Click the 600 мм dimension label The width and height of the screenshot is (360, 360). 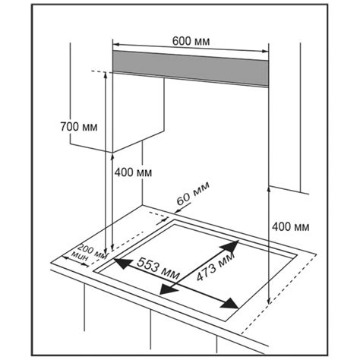click(x=191, y=41)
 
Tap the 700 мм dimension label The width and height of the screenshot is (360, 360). click(x=79, y=127)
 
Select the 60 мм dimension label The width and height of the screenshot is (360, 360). click(x=193, y=193)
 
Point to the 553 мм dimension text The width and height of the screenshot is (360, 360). click(x=158, y=268)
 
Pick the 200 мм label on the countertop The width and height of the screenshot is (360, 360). click(x=93, y=251)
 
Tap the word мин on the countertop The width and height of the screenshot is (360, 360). click(x=80, y=256)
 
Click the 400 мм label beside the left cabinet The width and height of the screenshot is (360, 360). click(x=133, y=172)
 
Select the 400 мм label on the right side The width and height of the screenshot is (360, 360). click(x=291, y=226)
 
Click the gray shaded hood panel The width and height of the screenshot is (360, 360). click(x=191, y=68)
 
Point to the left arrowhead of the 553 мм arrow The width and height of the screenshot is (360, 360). click(x=122, y=264)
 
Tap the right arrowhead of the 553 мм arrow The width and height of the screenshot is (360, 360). click(x=229, y=303)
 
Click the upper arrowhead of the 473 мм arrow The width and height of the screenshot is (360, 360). click(x=230, y=246)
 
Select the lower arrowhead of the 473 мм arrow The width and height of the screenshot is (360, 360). click(x=168, y=289)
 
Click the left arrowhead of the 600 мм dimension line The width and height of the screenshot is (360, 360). click(x=115, y=45)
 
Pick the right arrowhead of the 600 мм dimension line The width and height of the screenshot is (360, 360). click(x=265, y=51)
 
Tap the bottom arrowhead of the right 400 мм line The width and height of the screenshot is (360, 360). click(x=269, y=301)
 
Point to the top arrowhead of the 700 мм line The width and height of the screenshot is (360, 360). click(x=106, y=75)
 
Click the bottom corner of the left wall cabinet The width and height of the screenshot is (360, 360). click(x=112, y=153)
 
